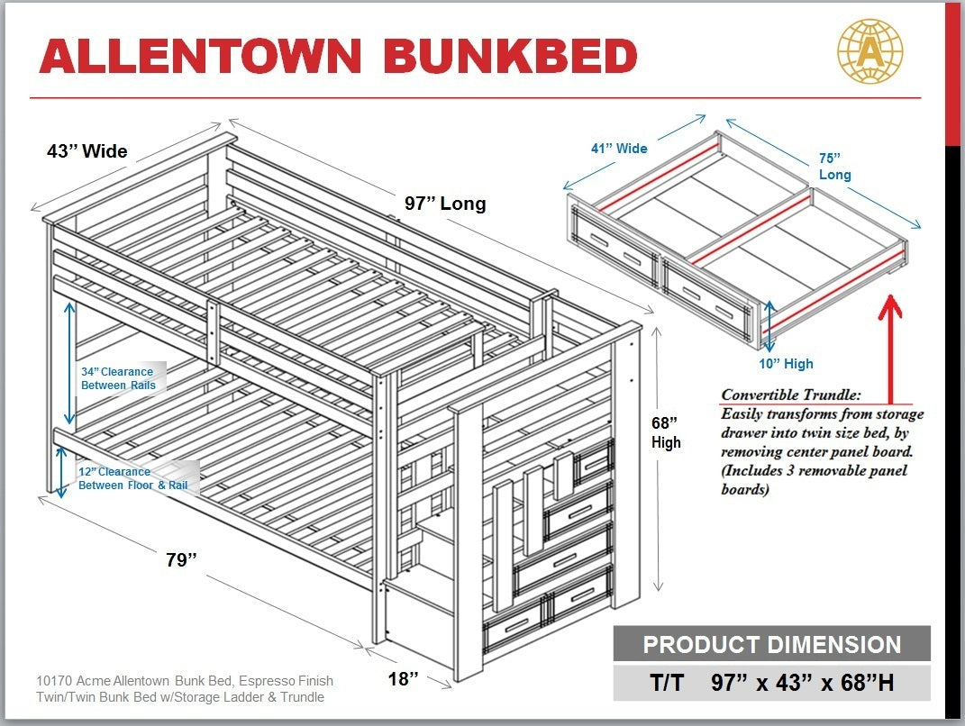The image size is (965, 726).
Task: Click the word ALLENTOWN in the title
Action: pos(200,57)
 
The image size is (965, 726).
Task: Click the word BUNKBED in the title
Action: pos(510,57)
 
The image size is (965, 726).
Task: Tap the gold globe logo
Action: pos(869,53)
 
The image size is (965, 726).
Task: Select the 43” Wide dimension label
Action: pos(87,151)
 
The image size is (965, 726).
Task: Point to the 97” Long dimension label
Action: pos(445,204)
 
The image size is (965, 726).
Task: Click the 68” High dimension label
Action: pos(666,432)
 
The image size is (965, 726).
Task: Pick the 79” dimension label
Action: pos(181,560)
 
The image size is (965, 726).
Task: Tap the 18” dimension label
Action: pos(403,678)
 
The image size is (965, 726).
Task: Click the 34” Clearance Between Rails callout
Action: pos(118,378)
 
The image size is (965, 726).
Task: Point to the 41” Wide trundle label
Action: pos(619,148)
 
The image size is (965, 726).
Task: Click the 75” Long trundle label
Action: pos(834,166)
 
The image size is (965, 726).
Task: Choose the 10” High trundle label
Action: pos(785,364)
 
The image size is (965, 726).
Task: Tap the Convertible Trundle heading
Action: pos(791,395)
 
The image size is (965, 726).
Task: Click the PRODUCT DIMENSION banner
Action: pos(771,645)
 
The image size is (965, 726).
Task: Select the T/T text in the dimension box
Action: pos(666,684)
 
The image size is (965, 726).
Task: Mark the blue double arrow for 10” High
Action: pos(768,324)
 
